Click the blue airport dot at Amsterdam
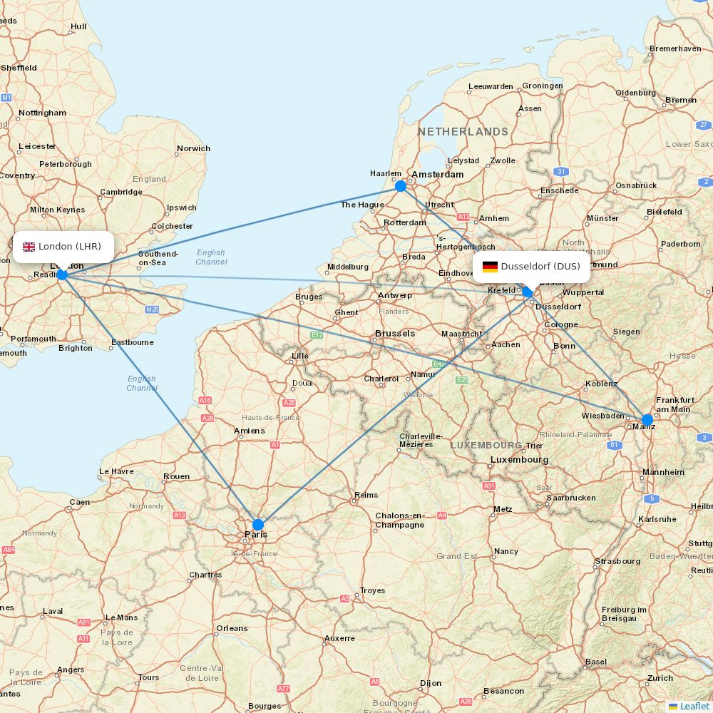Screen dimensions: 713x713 (401, 186)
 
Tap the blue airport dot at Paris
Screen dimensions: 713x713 (258, 525)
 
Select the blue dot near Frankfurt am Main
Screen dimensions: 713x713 (647, 420)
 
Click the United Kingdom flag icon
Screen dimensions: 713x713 (29, 247)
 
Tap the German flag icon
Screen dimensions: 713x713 (490, 267)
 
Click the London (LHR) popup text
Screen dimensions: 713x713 (70, 247)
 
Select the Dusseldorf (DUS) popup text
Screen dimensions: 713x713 (540, 267)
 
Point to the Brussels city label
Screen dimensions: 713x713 (395, 333)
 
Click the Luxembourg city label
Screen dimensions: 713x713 (520, 460)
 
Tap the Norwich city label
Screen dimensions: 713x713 (194, 148)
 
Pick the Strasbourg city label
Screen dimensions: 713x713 (618, 561)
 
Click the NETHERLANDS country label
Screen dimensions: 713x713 (463, 132)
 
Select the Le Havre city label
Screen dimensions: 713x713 (116, 471)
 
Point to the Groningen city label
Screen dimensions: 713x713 (543, 86)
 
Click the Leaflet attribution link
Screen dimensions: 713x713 (694, 706)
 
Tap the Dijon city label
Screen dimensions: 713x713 (431, 683)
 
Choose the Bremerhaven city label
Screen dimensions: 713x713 (675, 48)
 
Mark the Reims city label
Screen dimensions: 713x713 (366, 495)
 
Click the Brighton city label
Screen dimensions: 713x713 (76, 348)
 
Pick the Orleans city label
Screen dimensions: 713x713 (232, 628)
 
